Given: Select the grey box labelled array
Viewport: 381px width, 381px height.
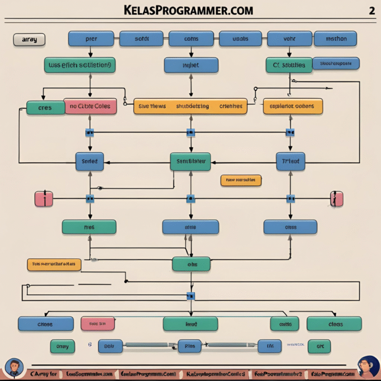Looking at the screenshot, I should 29,39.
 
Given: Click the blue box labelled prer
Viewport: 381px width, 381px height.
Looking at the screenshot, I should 91,39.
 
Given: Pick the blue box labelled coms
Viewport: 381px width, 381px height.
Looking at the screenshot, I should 191,39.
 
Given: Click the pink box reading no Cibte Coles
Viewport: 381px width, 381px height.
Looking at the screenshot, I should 90,106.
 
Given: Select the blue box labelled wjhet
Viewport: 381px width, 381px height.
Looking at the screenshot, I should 191,65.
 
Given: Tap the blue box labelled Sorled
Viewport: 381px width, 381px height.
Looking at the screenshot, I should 89,161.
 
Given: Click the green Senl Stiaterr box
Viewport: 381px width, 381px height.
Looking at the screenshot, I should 190,161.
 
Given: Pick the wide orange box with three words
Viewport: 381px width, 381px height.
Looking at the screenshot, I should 190,106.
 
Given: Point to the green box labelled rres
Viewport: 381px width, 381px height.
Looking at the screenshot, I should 89,227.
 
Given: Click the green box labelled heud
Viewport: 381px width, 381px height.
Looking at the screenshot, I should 190,324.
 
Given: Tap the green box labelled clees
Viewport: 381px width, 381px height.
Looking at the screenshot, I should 334,324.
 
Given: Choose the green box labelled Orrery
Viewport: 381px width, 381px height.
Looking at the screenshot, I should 63,346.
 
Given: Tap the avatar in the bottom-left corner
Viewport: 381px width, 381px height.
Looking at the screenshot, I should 13,368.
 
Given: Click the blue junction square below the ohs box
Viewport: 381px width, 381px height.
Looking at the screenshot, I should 190,296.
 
